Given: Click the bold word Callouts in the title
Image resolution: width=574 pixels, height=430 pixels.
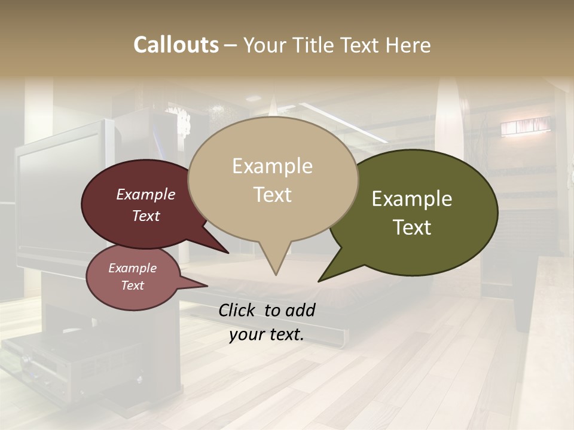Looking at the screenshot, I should point(176,45).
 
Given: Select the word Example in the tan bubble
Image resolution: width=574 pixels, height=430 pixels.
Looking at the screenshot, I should point(272,166).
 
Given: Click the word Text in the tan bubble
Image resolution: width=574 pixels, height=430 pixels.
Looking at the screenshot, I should point(272,195).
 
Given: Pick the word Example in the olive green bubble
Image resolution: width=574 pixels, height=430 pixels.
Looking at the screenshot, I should point(412,199).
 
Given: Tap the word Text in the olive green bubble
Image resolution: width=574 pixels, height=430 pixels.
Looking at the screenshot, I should point(412,228).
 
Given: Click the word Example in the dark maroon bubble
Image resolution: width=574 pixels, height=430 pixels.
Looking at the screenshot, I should point(145,194).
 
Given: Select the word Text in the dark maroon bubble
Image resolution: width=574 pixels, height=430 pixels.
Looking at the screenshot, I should point(145,216).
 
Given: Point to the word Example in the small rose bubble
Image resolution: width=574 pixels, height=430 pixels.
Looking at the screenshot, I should point(132,268).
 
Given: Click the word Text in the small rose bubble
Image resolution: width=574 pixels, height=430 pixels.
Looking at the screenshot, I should point(132,285).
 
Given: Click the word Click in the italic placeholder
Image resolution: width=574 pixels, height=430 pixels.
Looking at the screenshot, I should point(238,310).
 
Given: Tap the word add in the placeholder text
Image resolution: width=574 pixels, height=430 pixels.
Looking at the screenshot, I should point(300,310).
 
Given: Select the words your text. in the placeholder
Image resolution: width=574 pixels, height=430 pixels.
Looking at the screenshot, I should point(267,334).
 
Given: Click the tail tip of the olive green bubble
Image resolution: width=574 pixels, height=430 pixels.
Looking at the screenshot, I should point(319,281).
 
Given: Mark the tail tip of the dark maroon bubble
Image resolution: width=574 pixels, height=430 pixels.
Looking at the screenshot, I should point(228,253).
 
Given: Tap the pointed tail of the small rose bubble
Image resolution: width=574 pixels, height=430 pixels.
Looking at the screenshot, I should point(207,286).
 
